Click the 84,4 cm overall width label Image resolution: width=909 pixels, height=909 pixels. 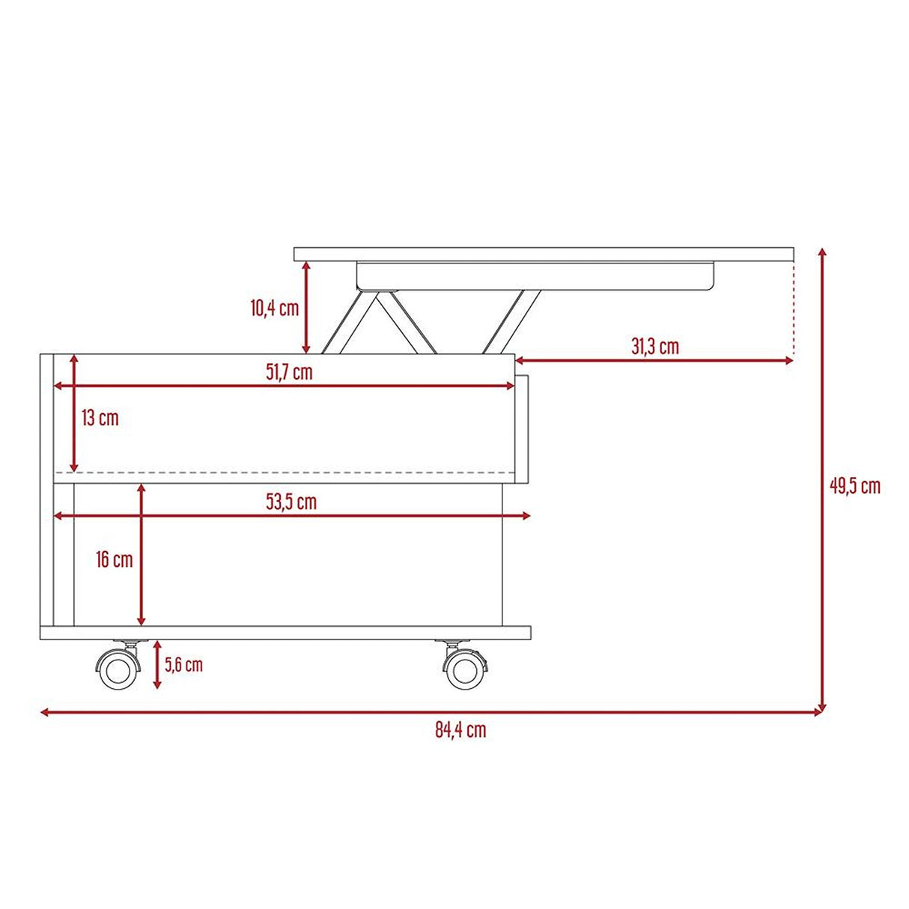pos(460,730)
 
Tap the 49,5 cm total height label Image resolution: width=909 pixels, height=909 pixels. pos(854,486)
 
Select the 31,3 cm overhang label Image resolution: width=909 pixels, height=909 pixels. pos(655,347)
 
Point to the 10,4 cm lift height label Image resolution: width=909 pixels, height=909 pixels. pos(274,308)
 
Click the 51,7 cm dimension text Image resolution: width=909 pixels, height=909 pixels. pos(289,372)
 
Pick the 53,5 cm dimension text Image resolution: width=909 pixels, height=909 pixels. pos(291,502)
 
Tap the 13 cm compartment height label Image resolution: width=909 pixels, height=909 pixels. pos(100,418)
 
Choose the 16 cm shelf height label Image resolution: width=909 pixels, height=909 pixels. pos(114,559)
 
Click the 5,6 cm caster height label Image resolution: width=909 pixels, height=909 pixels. pos(183,664)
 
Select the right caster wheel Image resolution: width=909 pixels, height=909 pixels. pos(465,669)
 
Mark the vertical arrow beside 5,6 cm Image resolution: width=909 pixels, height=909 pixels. pos(156,664)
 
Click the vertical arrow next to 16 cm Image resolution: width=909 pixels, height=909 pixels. pos(142,555)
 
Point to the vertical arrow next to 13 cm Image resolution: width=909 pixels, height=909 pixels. pos(73,413)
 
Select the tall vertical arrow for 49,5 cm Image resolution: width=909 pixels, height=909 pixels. pos(822,479)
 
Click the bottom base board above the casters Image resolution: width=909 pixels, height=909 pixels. pos(285,633)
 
